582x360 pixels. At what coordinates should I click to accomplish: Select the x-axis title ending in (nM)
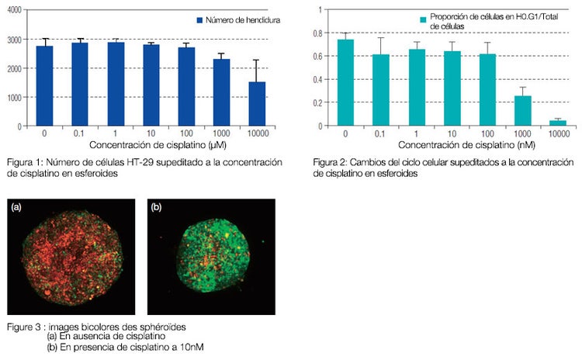coord(445,145)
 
